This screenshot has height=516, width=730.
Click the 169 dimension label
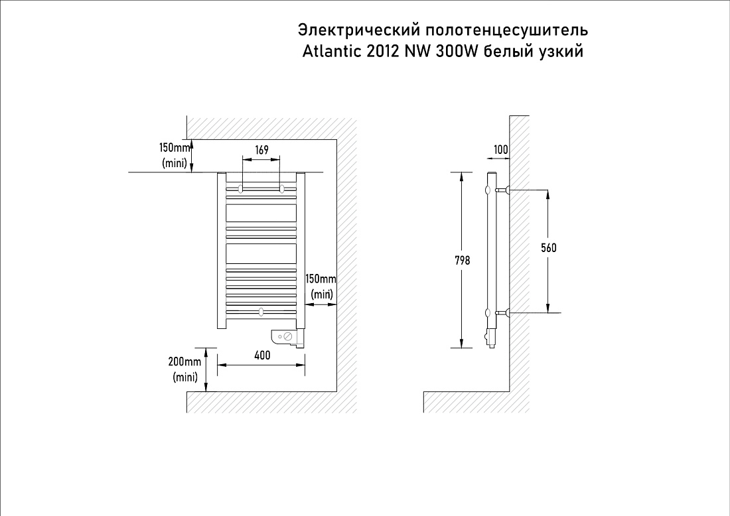(x=261, y=150)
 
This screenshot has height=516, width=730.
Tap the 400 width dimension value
(x=263, y=355)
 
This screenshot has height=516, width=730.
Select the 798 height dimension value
(x=463, y=261)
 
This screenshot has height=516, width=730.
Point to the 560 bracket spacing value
(x=549, y=248)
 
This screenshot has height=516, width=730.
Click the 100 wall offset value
(x=501, y=150)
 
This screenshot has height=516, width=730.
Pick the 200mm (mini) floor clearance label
(x=185, y=369)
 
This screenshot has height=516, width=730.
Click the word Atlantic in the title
(x=331, y=50)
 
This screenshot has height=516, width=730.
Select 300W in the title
(x=457, y=50)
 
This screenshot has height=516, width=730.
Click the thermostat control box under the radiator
(x=289, y=338)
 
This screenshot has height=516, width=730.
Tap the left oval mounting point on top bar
(x=240, y=188)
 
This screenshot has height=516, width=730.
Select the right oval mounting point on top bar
(x=281, y=188)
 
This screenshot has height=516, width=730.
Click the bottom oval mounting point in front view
(x=261, y=311)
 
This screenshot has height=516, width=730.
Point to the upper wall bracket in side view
(x=503, y=190)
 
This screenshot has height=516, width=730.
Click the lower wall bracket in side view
(x=503, y=312)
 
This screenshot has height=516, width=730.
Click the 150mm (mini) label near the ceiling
(x=175, y=155)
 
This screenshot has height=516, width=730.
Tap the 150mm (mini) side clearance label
(x=321, y=287)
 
